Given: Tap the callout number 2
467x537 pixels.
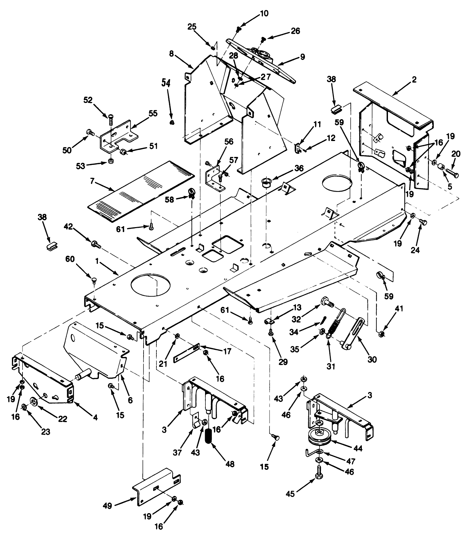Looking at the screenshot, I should [x=414, y=80].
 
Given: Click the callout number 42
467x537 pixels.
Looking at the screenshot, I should [x=68, y=227].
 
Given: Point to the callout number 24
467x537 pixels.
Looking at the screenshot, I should [x=415, y=250].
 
